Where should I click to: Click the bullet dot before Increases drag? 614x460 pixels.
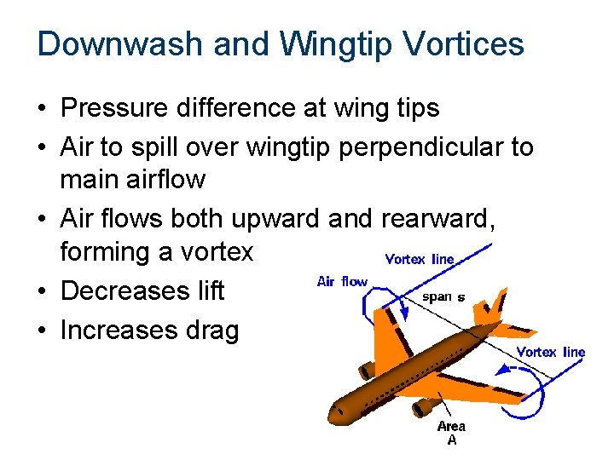tap(42, 331)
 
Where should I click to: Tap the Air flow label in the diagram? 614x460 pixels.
tap(342, 281)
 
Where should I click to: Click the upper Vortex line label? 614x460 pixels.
tap(420, 259)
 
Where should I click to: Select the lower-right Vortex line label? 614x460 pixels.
tap(551, 352)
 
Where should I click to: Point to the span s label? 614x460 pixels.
tap(444, 297)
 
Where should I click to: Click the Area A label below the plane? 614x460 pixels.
tap(451, 432)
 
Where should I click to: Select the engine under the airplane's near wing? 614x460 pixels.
tap(423, 408)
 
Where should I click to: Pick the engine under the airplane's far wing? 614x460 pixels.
tap(367, 370)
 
